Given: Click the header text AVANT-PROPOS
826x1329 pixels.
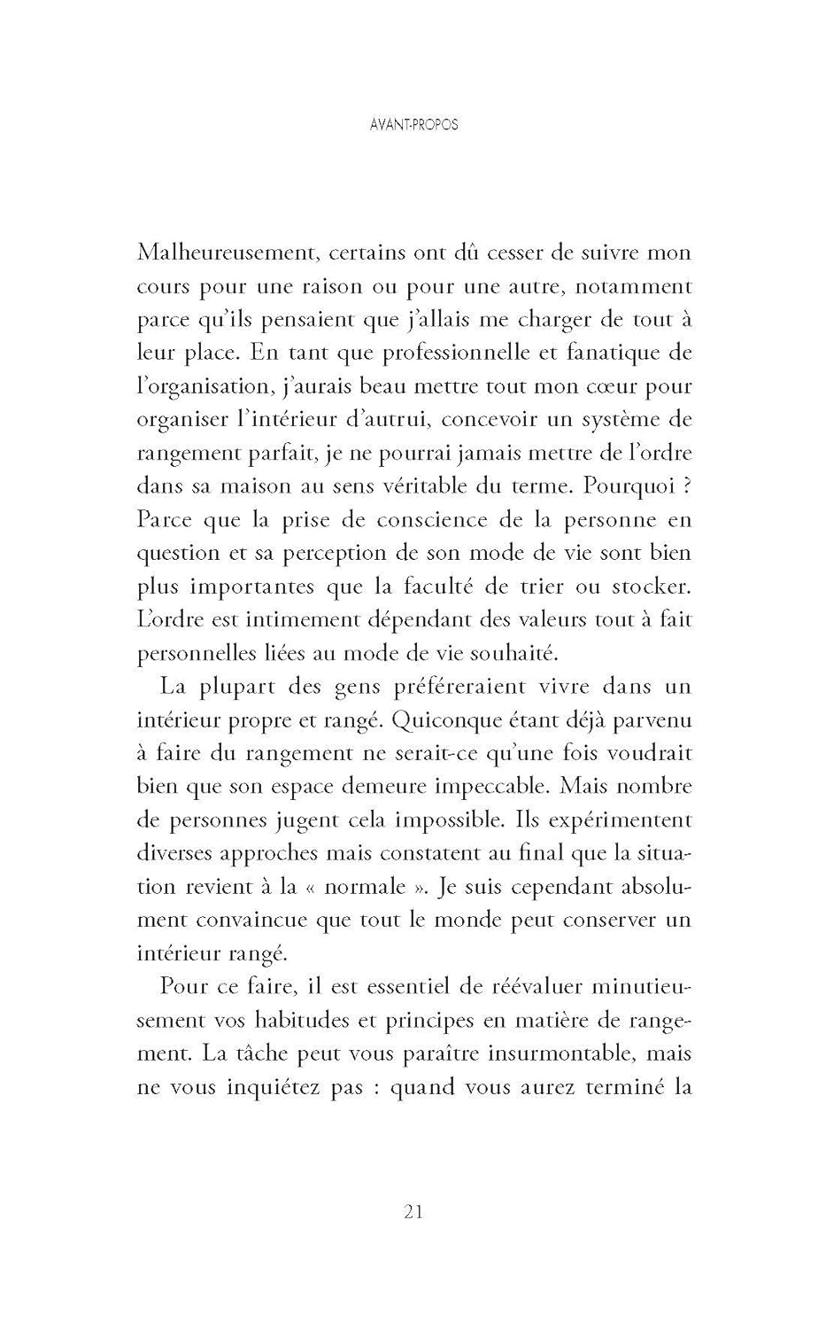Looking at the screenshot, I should [x=413, y=125].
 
